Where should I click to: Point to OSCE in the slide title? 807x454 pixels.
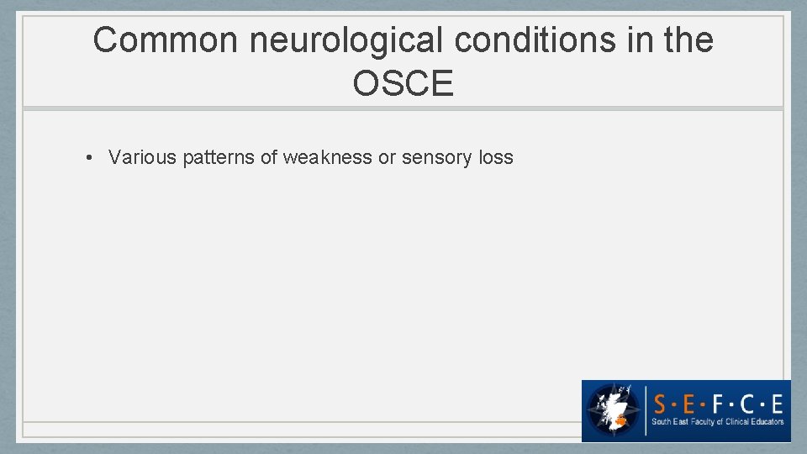[x=403, y=84]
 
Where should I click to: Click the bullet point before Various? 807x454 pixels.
[x=88, y=157]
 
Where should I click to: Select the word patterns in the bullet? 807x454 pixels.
[x=218, y=157]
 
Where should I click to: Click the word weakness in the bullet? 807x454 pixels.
[x=327, y=157]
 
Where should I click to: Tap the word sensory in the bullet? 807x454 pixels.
[x=438, y=157]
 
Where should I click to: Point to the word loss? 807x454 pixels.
[x=496, y=157]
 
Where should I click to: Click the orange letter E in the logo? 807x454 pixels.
[x=775, y=400]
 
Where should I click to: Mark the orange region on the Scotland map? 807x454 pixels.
[x=621, y=418]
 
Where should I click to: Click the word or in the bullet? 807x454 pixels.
[x=387, y=157]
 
